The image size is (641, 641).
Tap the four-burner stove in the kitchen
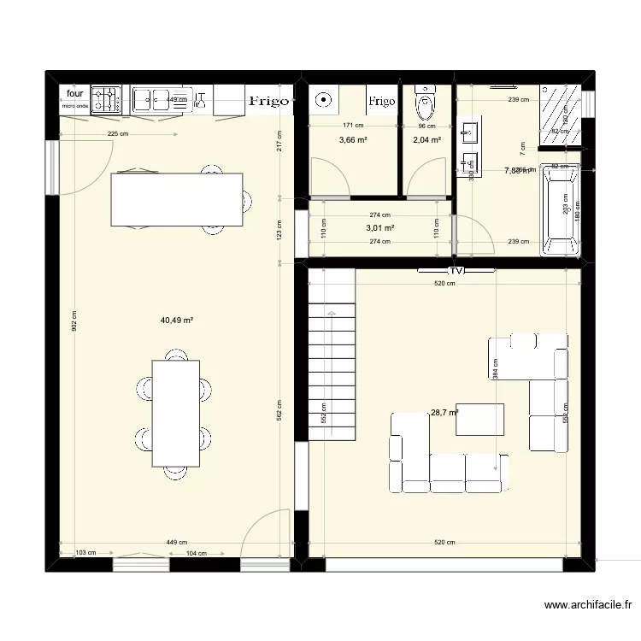tap(107, 100)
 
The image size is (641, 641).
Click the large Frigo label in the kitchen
tap(268, 101)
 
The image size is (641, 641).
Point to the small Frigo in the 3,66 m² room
tap(382, 102)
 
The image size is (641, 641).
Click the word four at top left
tap(75, 94)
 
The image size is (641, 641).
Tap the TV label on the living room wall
tap(456, 270)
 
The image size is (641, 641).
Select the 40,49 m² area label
tap(176, 320)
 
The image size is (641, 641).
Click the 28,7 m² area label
tap(444, 412)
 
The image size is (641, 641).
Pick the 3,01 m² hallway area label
tap(379, 228)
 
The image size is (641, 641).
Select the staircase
tap(331, 352)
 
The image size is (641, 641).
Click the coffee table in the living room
tap(479, 419)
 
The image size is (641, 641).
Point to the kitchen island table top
tap(176, 199)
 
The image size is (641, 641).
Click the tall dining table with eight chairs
tap(176, 412)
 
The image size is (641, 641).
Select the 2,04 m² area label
tap(426, 140)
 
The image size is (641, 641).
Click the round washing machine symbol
tap(323, 100)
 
